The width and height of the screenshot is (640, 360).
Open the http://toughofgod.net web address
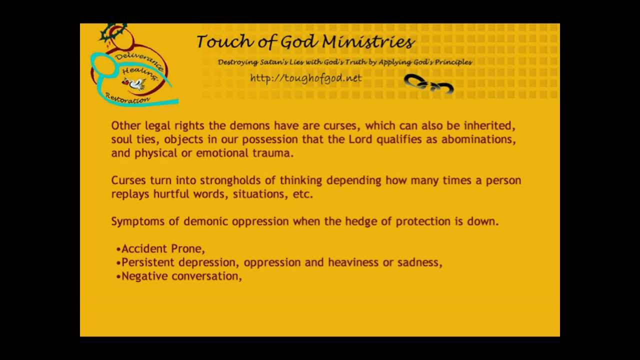coord(305,78)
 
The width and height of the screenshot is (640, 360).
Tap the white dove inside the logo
coord(135,83)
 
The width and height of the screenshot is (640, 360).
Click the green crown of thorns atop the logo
coord(113,33)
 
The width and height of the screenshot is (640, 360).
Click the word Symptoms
coord(137,221)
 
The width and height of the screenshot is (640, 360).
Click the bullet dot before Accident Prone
coord(118,249)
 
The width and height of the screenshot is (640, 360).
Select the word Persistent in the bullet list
coord(148,262)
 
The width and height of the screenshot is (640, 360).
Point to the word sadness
coord(419,262)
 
